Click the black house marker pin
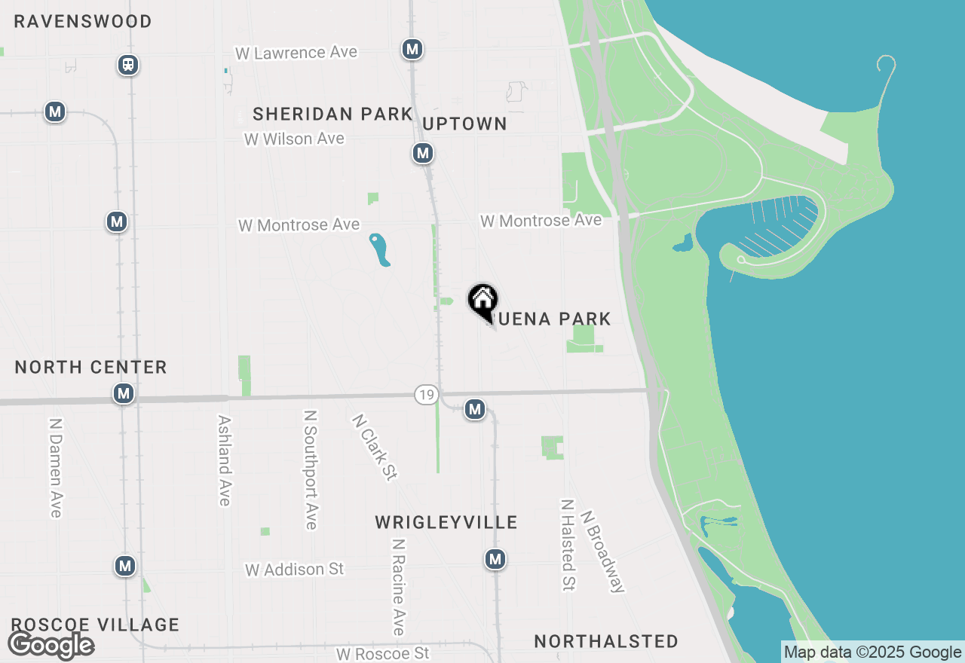click(x=482, y=301)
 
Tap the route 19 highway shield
click(x=426, y=394)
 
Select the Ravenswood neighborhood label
click(x=83, y=21)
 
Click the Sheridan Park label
click(x=332, y=114)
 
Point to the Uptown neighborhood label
click(x=464, y=124)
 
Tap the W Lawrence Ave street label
click(x=296, y=53)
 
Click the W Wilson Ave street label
click(x=294, y=139)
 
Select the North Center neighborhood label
click(x=90, y=367)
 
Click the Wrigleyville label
click(x=446, y=522)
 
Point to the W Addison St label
click(x=294, y=570)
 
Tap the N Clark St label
click(x=375, y=447)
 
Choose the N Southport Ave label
click(x=310, y=469)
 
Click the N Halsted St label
click(x=568, y=544)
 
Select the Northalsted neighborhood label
click(x=606, y=641)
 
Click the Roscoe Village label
click(x=95, y=625)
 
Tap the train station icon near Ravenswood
click(x=129, y=65)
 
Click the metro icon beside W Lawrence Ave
click(x=412, y=50)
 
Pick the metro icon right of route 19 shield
click(x=474, y=409)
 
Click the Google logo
click(x=51, y=645)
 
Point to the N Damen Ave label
click(x=55, y=467)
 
